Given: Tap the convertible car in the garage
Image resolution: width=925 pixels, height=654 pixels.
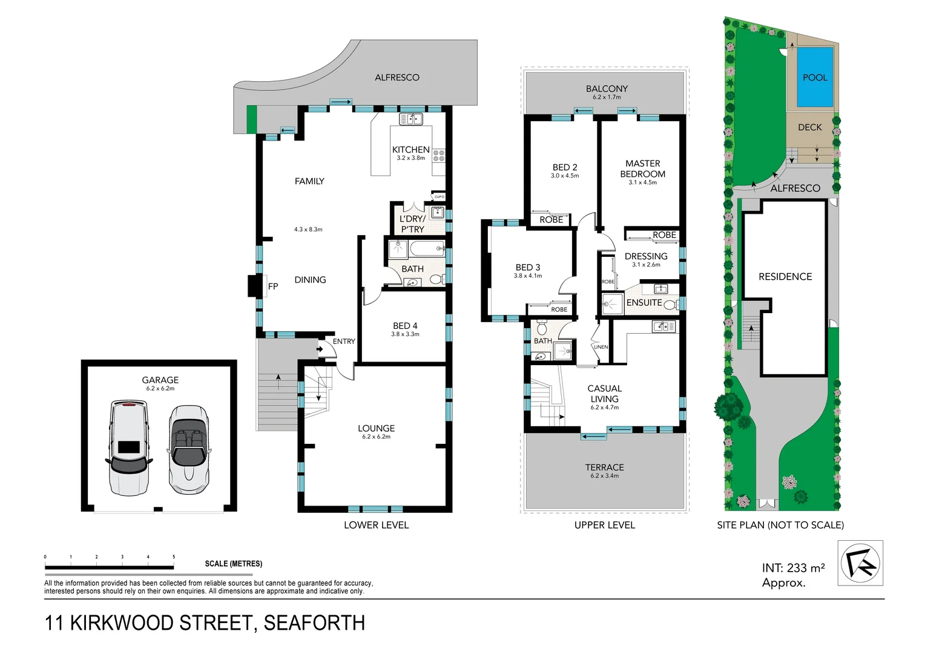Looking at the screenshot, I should pyautogui.click(x=189, y=449).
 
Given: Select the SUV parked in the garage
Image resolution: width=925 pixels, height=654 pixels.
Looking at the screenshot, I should pyautogui.click(x=128, y=448).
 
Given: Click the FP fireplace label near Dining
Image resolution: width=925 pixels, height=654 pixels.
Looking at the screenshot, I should pyautogui.click(x=273, y=286).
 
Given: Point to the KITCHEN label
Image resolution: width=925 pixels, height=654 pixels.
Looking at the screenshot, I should pyautogui.click(x=410, y=150).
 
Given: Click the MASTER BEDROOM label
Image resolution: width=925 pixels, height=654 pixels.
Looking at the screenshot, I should pyautogui.click(x=642, y=168).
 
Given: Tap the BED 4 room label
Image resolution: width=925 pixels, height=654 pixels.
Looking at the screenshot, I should pyautogui.click(x=405, y=326).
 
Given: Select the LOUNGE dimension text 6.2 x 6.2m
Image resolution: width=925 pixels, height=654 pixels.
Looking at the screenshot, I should pyautogui.click(x=376, y=437).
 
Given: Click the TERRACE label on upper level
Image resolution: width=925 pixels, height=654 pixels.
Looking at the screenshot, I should pyautogui.click(x=604, y=467).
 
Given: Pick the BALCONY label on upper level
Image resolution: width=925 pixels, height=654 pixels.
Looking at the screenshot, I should pyautogui.click(x=607, y=88).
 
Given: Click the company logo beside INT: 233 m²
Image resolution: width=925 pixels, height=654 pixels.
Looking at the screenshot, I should pyautogui.click(x=860, y=563).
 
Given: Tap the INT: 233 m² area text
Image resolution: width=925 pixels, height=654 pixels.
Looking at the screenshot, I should pyautogui.click(x=793, y=568).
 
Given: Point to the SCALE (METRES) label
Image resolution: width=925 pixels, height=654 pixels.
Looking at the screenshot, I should pyautogui.click(x=233, y=564).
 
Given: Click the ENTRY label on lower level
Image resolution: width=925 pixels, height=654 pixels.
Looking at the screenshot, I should pyautogui.click(x=344, y=342).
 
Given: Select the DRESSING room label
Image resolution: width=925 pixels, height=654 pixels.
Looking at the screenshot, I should pyautogui.click(x=646, y=256).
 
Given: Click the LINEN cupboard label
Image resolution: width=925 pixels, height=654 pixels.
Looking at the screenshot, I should pyautogui.click(x=601, y=347).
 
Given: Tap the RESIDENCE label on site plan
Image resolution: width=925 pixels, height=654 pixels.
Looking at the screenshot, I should pyautogui.click(x=785, y=277).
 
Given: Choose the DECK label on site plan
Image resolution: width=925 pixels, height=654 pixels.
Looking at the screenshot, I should pyautogui.click(x=809, y=127).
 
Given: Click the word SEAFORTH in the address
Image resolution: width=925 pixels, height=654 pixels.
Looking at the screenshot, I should pyautogui.click(x=314, y=623).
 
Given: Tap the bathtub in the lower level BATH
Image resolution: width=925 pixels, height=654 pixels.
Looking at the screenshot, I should pyautogui.click(x=427, y=249).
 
